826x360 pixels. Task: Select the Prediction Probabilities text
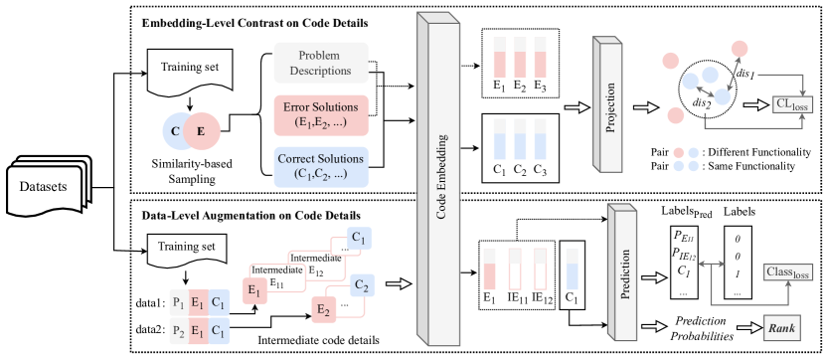point(705,329)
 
